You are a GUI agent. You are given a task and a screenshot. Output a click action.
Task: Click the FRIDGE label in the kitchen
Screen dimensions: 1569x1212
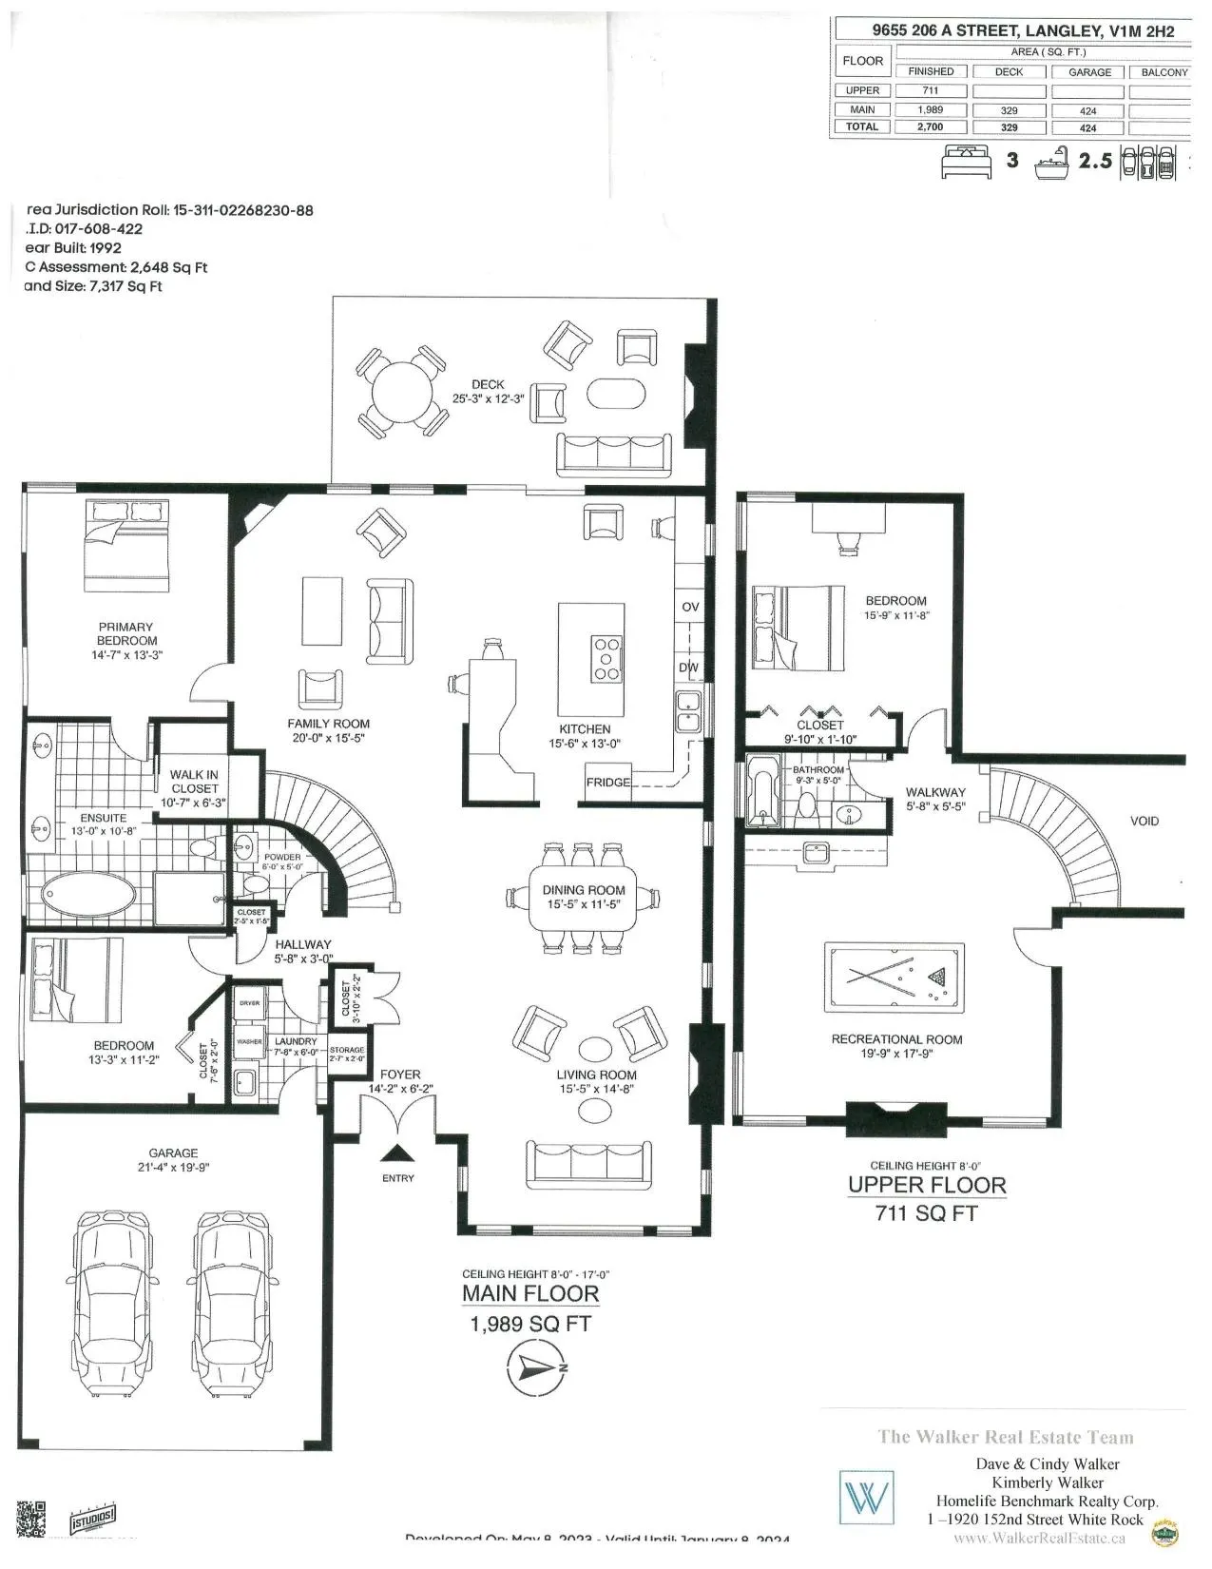tap(608, 782)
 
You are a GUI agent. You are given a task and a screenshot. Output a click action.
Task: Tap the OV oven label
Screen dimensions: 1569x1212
tap(690, 607)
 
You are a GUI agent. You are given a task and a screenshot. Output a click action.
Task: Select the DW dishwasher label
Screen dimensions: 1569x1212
tap(689, 668)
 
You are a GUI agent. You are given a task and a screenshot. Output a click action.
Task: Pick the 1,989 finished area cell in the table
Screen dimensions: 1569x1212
tap(930, 109)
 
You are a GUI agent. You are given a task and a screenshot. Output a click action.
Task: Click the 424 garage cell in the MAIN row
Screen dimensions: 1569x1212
tap(1088, 109)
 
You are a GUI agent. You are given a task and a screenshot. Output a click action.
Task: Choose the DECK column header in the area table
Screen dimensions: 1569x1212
tap(1009, 71)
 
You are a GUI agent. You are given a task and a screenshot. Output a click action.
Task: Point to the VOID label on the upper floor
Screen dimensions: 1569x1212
tap(1145, 821)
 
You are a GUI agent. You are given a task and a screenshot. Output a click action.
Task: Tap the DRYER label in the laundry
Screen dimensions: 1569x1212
tap(249, 1004)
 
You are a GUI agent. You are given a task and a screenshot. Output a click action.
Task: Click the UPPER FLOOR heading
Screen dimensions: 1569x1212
tap(926, 1185)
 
